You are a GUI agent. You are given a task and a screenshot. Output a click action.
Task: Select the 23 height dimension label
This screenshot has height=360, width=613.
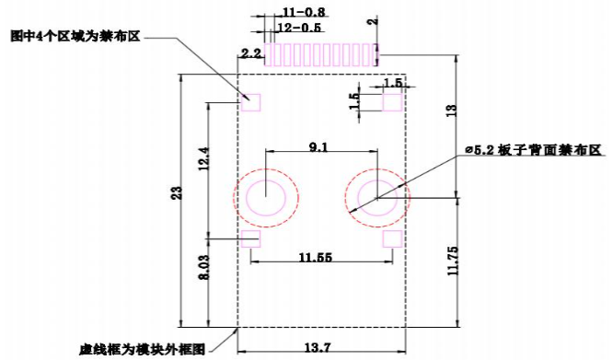[177, 192]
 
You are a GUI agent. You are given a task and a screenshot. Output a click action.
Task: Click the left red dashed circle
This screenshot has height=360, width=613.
[266, 196]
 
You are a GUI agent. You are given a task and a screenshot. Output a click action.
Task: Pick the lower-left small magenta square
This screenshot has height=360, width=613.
[251, 238]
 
